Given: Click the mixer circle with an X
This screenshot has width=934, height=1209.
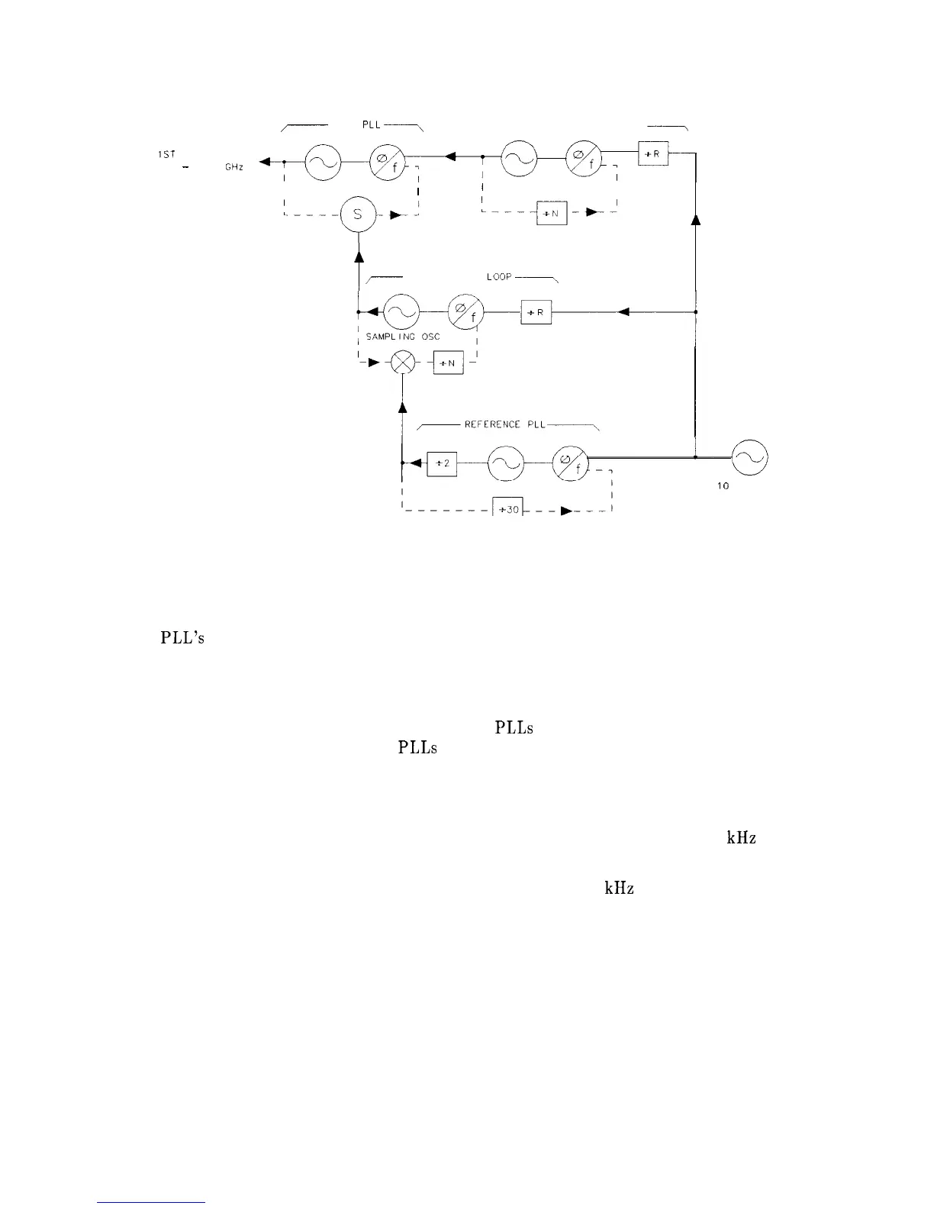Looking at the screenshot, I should tap(402, 363).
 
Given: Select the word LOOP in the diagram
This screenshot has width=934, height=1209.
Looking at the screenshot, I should tap(499, 276).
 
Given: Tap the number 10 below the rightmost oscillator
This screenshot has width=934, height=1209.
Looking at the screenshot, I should tap(723, 487).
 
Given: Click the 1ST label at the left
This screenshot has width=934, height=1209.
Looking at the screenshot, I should tap(166, 154).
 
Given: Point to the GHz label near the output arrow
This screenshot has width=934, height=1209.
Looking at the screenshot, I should tap(233, 167).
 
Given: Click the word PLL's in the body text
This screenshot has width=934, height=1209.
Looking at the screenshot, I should tap(182, 638).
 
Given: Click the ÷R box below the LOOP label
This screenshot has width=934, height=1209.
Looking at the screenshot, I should tap(536, 312).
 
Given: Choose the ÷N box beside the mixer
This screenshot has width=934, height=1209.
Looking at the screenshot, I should tap(448, 363).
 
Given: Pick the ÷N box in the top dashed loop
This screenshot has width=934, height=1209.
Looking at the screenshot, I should tap(552, 214).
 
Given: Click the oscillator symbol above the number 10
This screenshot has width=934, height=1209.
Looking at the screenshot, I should tap(749, 458).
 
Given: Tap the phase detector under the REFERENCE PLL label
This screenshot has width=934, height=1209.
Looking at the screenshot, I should tap(570, 463).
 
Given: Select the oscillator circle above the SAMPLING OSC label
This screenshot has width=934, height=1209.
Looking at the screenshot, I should tap(401, 311).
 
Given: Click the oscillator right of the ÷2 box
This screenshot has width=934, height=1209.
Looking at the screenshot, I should tap(505, 463).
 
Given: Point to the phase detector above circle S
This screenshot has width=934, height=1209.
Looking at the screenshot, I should tap(386, 162).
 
